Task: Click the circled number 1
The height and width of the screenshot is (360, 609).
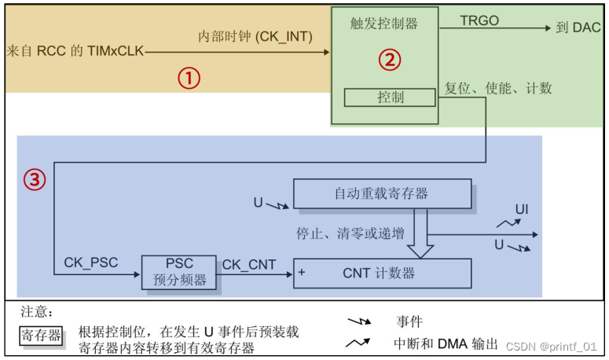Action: point(189,77)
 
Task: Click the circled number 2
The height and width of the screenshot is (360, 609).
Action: point(391,58)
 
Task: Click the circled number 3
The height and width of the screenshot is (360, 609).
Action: point(33,180)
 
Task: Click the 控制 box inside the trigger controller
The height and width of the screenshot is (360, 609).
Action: point(390,97)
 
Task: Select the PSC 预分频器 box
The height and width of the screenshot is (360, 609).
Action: point(178,272)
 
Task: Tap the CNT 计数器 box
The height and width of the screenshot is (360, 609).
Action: point(382,274)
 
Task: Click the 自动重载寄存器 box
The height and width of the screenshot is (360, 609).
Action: point(382,193)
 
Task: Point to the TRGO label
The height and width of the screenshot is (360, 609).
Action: point(479,21)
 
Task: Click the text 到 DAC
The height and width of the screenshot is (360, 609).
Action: point(578,28)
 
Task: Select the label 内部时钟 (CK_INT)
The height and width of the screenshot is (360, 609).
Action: point(255,36)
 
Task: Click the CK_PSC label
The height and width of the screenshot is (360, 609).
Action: point(92,263)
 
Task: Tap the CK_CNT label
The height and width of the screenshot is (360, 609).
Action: point(249,265)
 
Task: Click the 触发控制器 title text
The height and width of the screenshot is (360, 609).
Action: point(383,23)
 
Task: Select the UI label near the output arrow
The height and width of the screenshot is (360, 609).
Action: point(522,209)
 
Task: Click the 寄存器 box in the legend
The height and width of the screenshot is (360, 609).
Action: point(42,336)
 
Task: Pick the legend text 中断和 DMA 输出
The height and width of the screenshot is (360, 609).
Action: point(446,343)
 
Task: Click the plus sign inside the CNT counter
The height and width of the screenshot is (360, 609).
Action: point(302,274)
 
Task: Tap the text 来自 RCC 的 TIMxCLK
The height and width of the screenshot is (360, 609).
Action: point(75,51)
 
